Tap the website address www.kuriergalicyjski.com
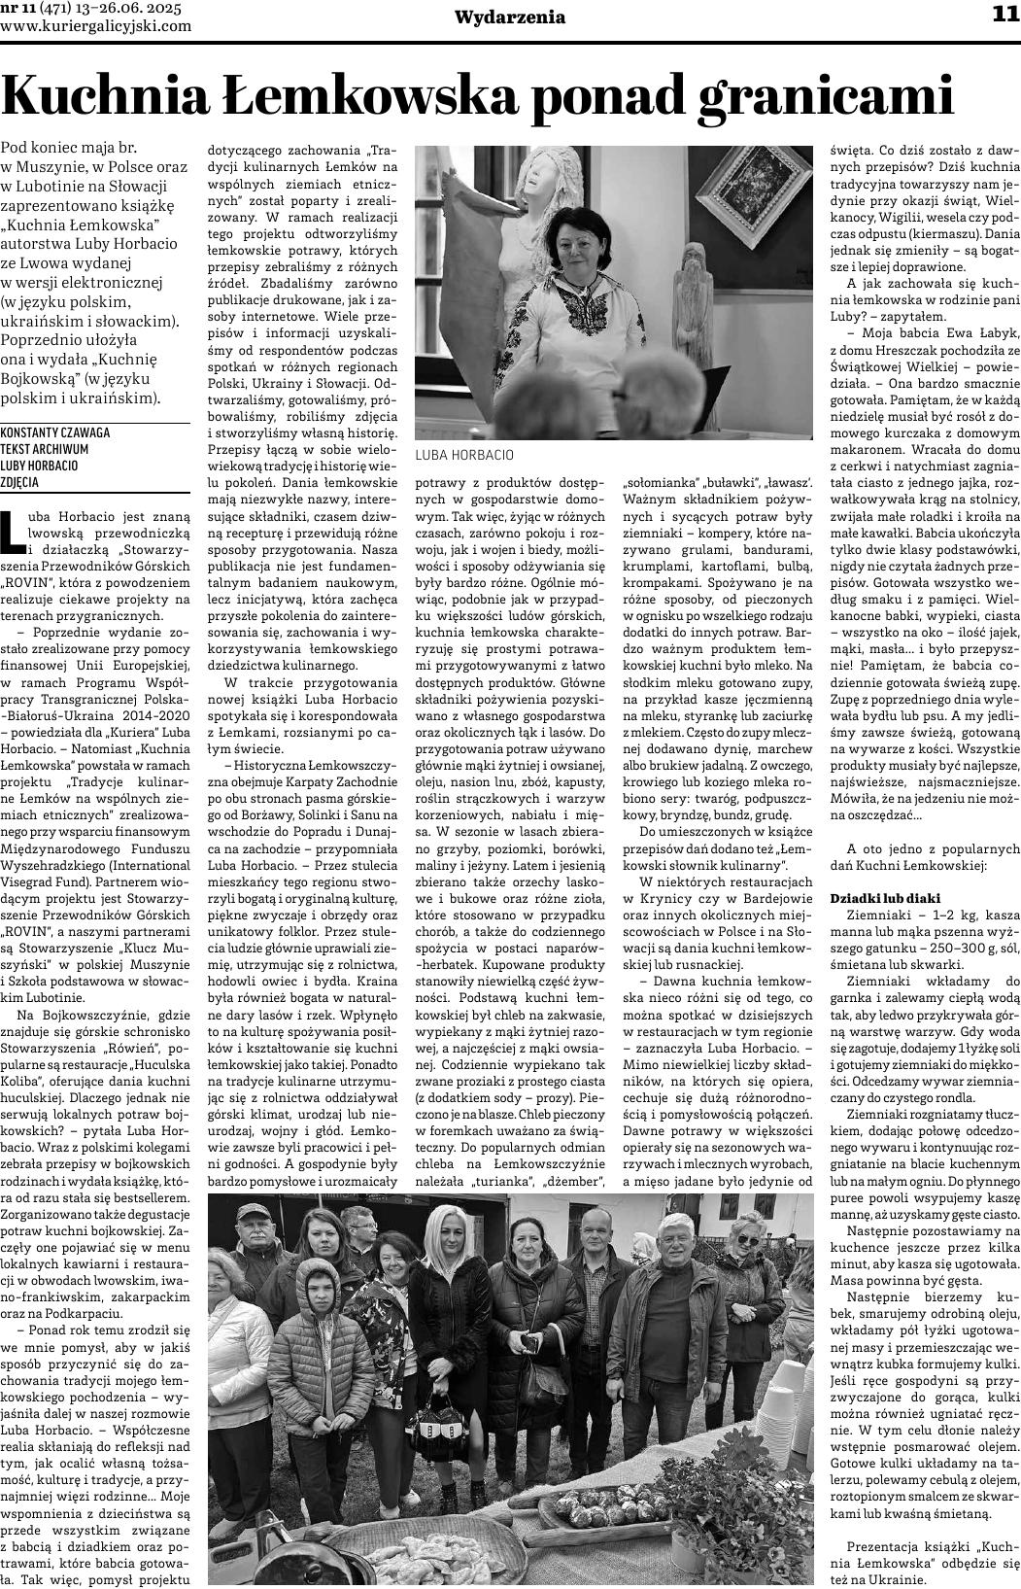pyautogui.click(x=96, y=26)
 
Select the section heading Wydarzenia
pyautogui.click(x=510, y=17)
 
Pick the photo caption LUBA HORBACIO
pyautogui.click(x=463, y=455)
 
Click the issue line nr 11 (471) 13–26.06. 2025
pyautogui.click(x=96, y=9)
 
